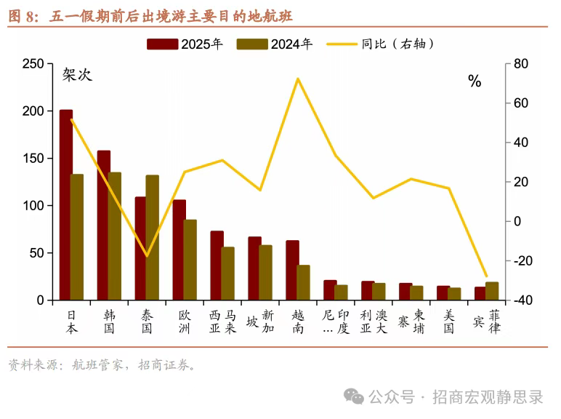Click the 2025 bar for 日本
(66, 205)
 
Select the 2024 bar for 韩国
(115, 236)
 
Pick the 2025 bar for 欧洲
(179, 250)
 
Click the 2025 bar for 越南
(292, 270)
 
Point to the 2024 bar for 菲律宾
(492, 291)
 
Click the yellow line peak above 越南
(298, 79)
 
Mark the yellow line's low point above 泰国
(147, 256)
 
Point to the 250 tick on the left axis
(33, 64)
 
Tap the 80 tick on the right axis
(520, 64)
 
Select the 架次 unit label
(77, 75)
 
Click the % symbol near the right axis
(475, 81)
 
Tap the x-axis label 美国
(449, 322)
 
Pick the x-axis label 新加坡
(259, 322)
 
